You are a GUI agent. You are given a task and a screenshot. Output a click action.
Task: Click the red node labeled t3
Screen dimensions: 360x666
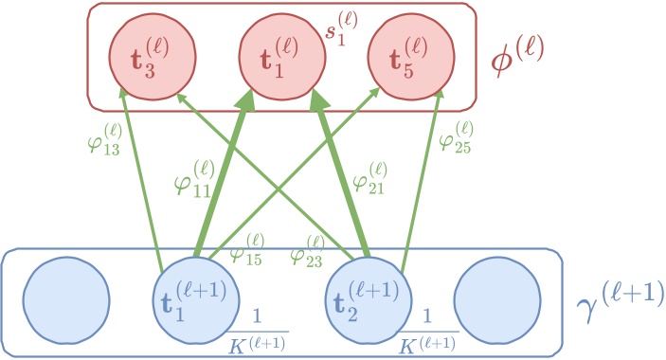(x=144, y=52)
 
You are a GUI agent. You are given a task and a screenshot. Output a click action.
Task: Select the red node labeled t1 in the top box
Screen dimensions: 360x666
(x=277, y=52)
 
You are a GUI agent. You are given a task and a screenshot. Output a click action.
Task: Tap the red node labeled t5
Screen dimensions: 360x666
(x=406, y=52)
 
